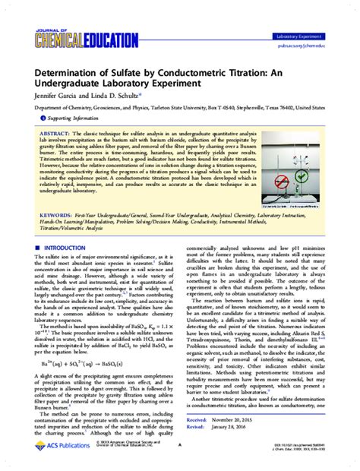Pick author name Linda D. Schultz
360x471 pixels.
[106, 96]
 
